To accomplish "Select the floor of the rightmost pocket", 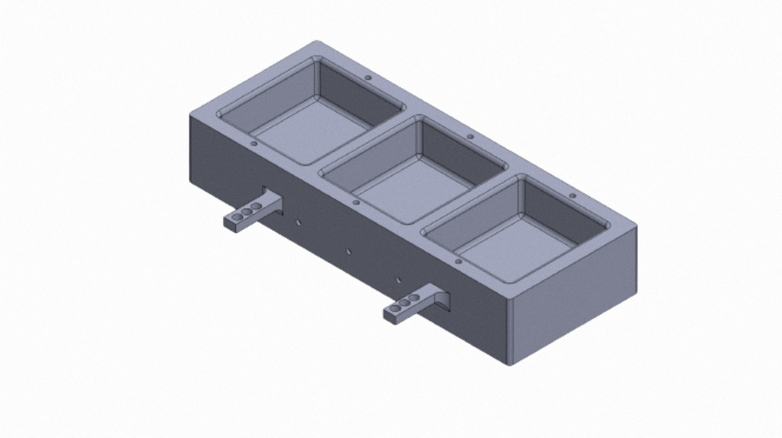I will (x=516, y=249).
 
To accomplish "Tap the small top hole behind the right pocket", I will (x=573, y=196).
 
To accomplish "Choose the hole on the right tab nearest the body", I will (x=413, y=297).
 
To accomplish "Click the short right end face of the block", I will (x=574, y=304).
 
